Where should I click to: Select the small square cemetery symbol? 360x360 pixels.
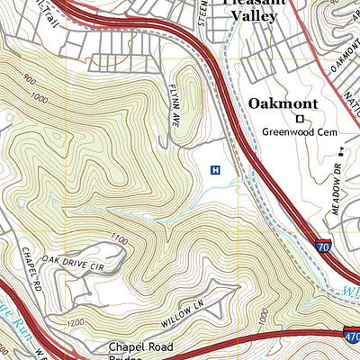pos(299,118)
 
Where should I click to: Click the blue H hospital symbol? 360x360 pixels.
pos(215,169)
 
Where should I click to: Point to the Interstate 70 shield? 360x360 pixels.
pos(323,242)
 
